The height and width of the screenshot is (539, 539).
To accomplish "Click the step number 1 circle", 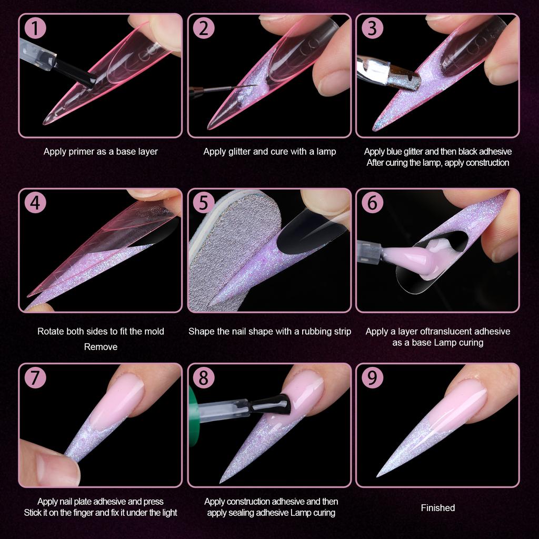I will [35, 28].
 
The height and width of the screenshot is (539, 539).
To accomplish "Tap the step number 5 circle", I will [203, 203].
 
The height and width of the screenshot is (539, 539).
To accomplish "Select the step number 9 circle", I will [372, 377].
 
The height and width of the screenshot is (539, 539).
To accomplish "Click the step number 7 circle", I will [35, 377].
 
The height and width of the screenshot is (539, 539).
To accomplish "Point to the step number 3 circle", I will [372, 28].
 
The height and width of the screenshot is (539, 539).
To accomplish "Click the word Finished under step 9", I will [437, 508].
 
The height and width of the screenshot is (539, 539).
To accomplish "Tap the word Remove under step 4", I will [101, 347].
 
